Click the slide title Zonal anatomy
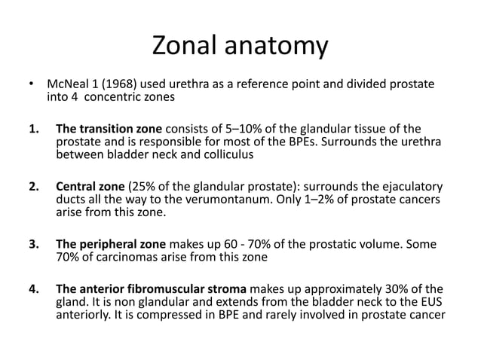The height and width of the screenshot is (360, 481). tap(240, 47)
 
